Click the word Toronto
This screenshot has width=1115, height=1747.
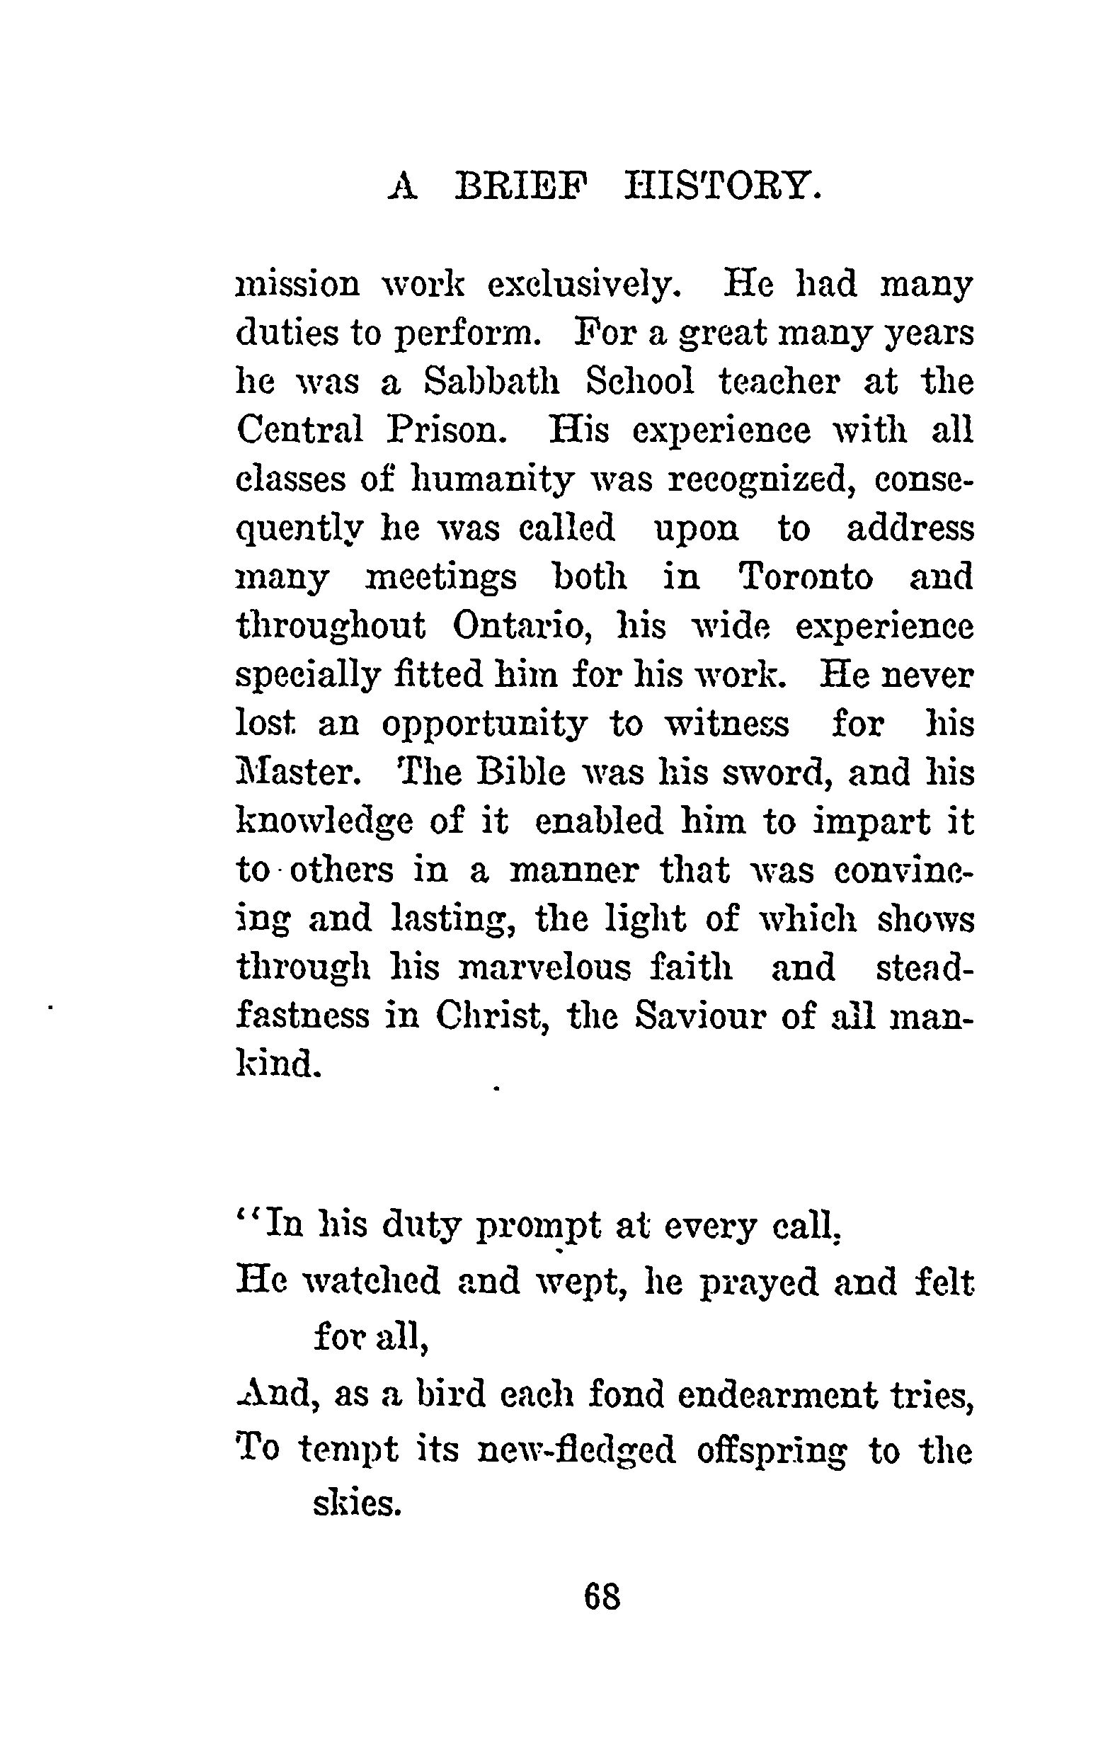[x=806, y=578]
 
